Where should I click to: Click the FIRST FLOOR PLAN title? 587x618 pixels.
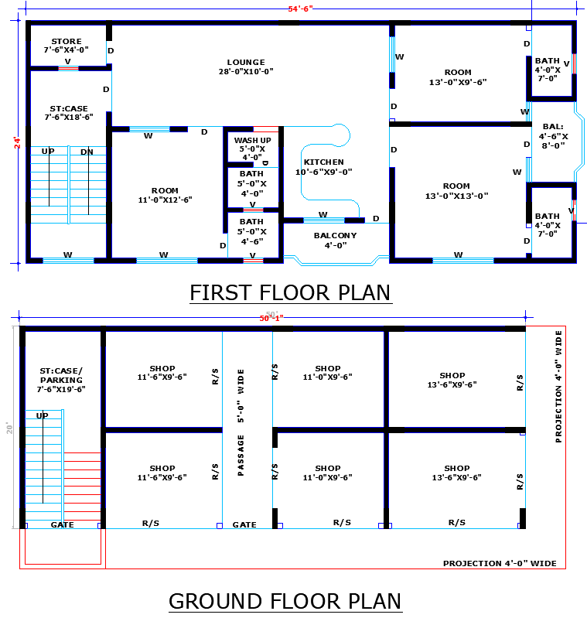[290, 293]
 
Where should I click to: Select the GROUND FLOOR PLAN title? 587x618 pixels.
[285, 601]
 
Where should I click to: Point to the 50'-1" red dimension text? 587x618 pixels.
[271, 318]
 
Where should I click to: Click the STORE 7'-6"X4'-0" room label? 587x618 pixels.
[67, 46]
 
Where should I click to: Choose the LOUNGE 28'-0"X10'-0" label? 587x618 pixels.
[246, 67]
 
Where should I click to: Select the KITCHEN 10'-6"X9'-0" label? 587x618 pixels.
[323, 167]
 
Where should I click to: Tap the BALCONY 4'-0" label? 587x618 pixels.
[335, 240]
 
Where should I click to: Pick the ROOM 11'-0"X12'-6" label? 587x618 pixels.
[165, 195]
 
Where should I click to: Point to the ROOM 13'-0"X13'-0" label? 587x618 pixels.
[456, 191]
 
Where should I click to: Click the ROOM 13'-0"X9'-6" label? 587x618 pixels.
[458, 77]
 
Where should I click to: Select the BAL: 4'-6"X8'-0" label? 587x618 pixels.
[554, 135]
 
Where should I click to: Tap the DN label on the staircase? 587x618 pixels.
[87, 152]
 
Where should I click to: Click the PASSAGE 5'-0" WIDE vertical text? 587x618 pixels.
[241, 422]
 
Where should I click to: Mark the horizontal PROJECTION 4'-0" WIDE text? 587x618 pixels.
[499, 563]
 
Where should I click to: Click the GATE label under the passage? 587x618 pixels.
[244, 524]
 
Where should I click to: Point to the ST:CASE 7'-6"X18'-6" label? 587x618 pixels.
[69, 113]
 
